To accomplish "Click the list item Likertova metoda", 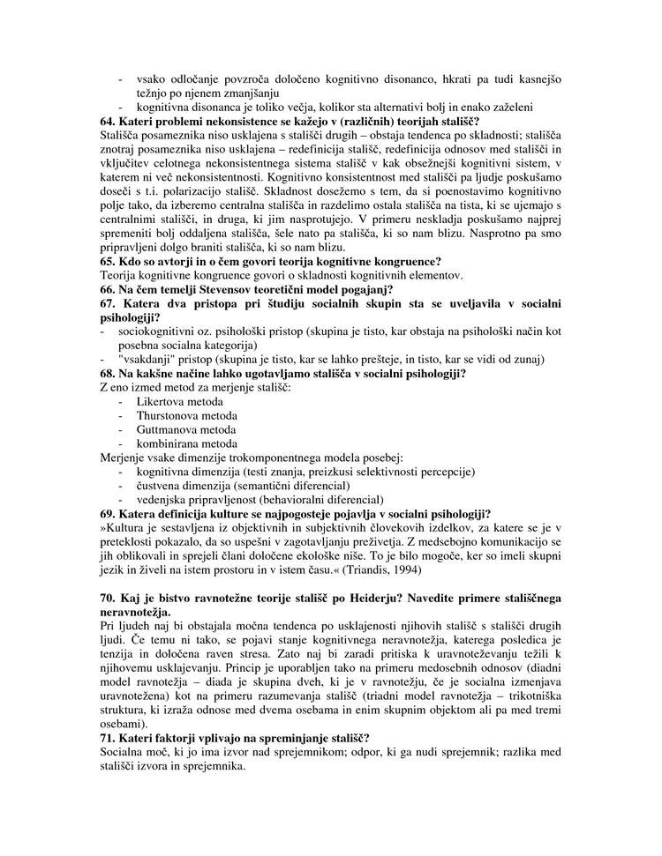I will coord(174,401).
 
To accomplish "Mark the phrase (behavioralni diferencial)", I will coord(320,499).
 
